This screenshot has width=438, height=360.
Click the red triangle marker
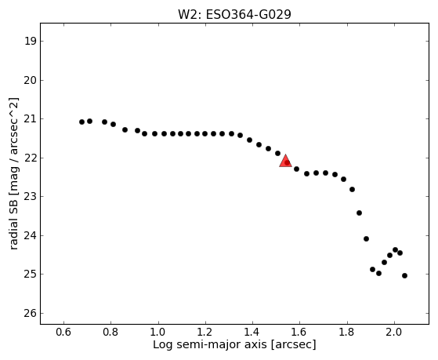tap(285, 161)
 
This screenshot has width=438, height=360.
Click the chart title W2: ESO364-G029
tap(234, 15)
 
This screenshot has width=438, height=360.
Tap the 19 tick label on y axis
tap(31, 42)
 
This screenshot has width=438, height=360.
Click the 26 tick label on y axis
tap(31, 313)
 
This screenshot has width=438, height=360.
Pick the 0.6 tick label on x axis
tap(63, 333)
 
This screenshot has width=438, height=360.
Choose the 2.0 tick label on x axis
tap(394, 333)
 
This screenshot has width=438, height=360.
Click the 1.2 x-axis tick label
tap(205, 333)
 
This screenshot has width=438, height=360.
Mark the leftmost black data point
tap(81, 122)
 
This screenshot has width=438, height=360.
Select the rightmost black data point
tap(404, 275)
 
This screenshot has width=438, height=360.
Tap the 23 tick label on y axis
tap(31, 197)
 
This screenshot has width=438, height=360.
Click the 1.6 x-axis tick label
tap(300, 333)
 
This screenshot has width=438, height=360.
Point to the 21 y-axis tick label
tap(31, 119)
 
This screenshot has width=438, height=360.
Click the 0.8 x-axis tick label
tap(111, 333)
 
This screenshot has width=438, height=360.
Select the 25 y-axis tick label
tap(31, 275)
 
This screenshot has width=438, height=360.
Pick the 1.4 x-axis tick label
tap(252, 333)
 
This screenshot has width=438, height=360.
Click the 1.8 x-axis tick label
tap(347, 333)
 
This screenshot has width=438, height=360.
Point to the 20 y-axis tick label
tap(31, 80)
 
